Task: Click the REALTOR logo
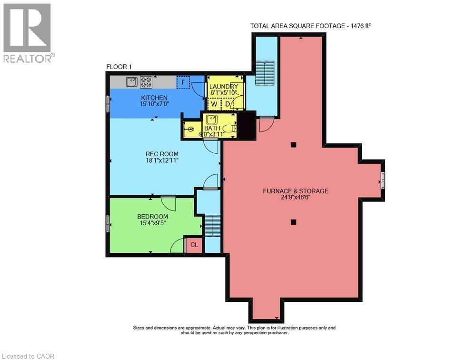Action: pyautogui.click(x=29, y=33)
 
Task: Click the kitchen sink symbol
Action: pyautogui.click(x=132, y=82)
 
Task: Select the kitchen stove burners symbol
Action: pyautogui.click(x=146, y=82)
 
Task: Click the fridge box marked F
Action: pyautogui.click(x=183, y=82)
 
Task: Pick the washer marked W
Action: pyautogui.click(x=214, y=104)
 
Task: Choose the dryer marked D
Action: pyautogui.click(x=228, y=104)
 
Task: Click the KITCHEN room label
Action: pyautogui.click(x=154, y=98)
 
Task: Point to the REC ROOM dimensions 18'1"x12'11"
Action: pyautogui.click(x=162, y=160)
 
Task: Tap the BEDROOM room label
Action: pyautogui.click(x=153, y=217)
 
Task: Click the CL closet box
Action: pyautogui.click(x=194, y=245)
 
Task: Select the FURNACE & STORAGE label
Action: pyautogui.click(x=296, y=191)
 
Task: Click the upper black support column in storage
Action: pyautogui.click(x=293, y=145)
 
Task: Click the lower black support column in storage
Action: pyautogui.click(x=293, y=222)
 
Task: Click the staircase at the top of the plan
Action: pyautogui.click(x=265, y=73)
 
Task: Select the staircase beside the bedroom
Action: pyautogui.click(x=212, y=225)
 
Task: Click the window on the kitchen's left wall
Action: pyautogui.click(x=108, y=104)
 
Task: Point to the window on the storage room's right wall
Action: pyautogui.click(x=383, y=180)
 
